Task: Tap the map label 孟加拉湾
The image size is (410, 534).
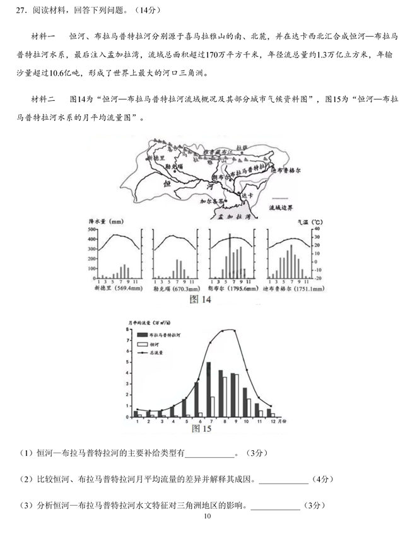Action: pyautogui.click(x=237, y=216)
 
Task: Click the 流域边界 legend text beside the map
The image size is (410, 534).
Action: pyautogui.click(x=283, y=207)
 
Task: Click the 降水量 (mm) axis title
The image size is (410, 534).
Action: pyautogui.click(x=108, y=222)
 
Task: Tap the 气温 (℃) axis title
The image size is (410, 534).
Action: pyautogui.click(x=310, y=223)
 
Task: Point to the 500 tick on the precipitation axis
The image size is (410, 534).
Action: pyautogui.click(x=91, y=230)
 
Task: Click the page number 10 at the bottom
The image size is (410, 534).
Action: pyautogui.click(x=206, y=516)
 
